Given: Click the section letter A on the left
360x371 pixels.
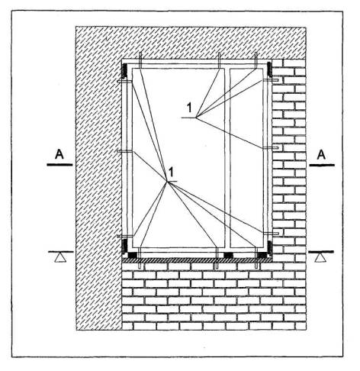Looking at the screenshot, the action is [59, 154].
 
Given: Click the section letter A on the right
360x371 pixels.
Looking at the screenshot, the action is [321, 154].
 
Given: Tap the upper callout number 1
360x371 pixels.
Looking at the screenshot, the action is [189, 108].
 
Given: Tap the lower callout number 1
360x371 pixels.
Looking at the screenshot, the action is [172, 172].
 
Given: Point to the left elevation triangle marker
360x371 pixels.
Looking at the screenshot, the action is [60, 258].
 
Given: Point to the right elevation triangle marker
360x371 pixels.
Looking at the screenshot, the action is [320, 258].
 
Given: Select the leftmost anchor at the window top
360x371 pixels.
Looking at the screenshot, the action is [140, 60].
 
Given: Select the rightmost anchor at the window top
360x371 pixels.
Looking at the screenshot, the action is [256, 60].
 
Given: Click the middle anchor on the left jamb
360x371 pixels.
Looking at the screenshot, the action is [124, 152].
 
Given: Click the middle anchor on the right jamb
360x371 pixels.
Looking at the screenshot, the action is [272, 147].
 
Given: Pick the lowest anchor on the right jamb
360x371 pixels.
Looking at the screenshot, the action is [272, 233].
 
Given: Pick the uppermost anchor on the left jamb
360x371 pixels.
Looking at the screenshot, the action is [124, 82].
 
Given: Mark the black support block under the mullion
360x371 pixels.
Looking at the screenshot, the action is [228, 255].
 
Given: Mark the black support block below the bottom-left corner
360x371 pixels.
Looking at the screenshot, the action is [132, 255].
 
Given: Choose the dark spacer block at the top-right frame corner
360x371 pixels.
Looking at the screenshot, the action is [269, 69].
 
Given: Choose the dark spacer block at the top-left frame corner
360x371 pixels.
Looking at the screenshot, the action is [124, 70].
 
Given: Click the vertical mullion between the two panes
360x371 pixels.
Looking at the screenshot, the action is [227, 158].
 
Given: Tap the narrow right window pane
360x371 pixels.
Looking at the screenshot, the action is [246, 158].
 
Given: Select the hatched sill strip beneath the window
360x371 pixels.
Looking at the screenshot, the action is [197, 260].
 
